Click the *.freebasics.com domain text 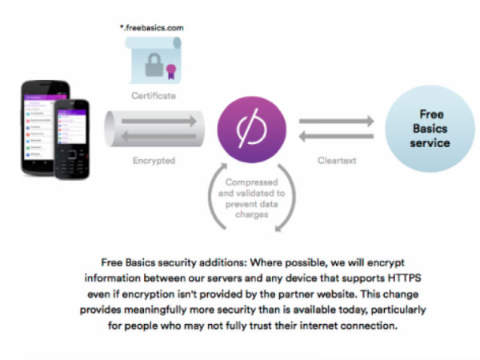[x=154, y=28]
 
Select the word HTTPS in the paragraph [x=407, y=278]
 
